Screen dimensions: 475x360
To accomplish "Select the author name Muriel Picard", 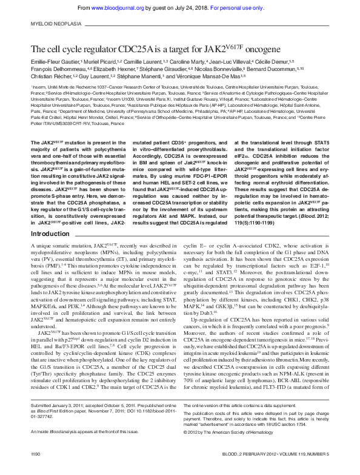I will pyautogui.click(x=103, y=62).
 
